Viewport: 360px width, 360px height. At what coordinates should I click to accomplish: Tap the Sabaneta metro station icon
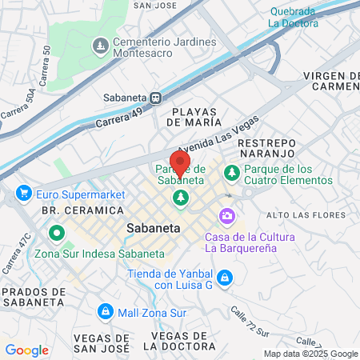click(x=156, y=98)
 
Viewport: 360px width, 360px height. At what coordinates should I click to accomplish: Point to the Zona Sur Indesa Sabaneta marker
click(x=57, y=234)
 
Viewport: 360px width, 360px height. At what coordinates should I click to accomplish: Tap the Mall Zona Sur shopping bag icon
click(x=105, y=310)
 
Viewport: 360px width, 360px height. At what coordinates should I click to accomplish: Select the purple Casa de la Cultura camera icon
click(x=227, y=216)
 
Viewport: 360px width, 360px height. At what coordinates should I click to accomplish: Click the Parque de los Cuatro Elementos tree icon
click(x=232, y=172)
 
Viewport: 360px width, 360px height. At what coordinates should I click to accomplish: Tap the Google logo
click(x=26, y=350)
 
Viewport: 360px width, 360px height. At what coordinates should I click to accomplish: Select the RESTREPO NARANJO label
click(x=267, y=149)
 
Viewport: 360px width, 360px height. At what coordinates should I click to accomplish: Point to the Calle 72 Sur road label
click(x=256, y=318)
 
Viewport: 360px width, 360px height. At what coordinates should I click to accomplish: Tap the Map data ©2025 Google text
click(x=311, y=354)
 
